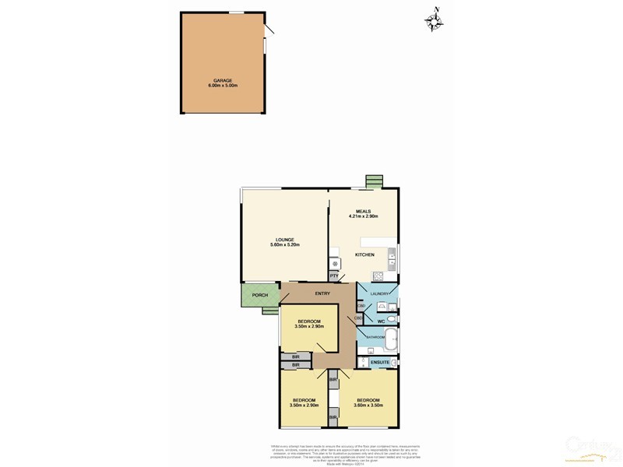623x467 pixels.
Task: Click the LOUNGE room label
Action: click(283, 240)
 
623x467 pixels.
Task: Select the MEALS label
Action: click(364, 211)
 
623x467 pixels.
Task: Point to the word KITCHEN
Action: click(364, 255)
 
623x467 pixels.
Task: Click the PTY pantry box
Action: click(334, 276)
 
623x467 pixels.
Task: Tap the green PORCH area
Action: click(259, 295)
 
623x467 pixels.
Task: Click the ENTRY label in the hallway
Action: click(322, 293)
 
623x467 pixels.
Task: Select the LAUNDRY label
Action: click(379, 293)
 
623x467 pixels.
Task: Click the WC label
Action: click(382, 320)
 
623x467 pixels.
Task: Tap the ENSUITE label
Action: click(380, 363)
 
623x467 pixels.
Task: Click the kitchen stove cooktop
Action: click(378, 275)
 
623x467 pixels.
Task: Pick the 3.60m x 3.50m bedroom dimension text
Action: click(367, 405)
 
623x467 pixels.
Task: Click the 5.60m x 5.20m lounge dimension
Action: click(283, 245)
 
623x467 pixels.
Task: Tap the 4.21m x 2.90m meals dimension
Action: click(364, 216)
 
